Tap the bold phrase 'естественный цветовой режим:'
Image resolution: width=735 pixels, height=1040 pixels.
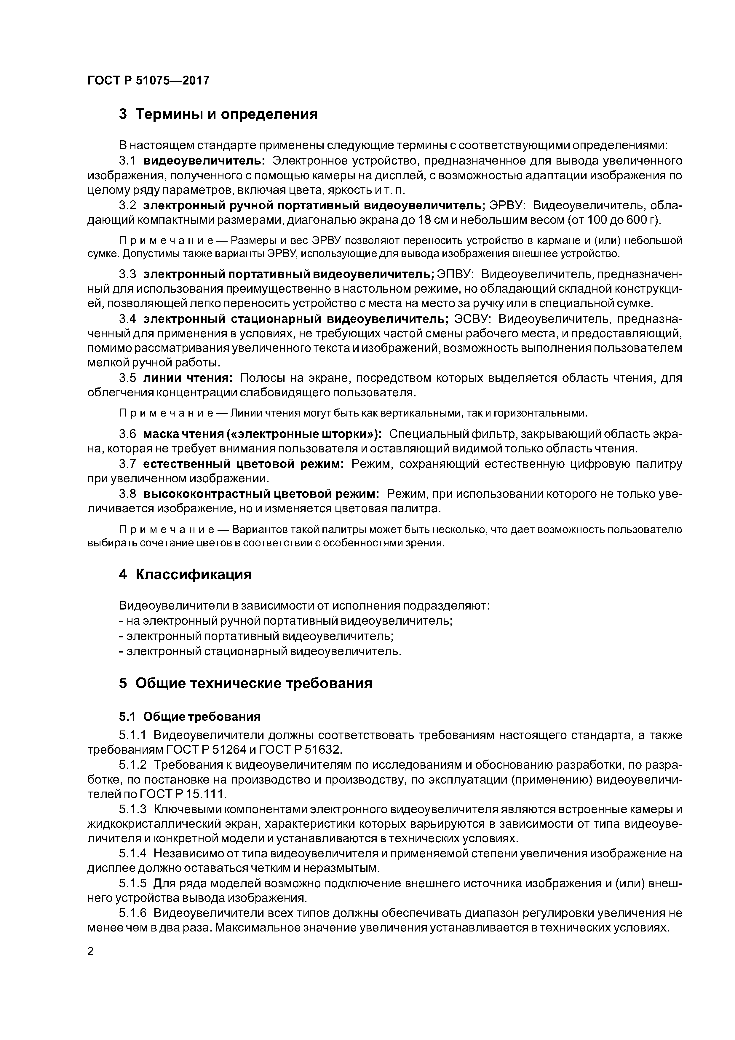(x=244, y=464)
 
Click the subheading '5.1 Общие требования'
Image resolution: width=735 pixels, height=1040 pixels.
(x=190, y=717)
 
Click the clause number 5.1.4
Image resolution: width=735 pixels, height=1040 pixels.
(x=133, y=854)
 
